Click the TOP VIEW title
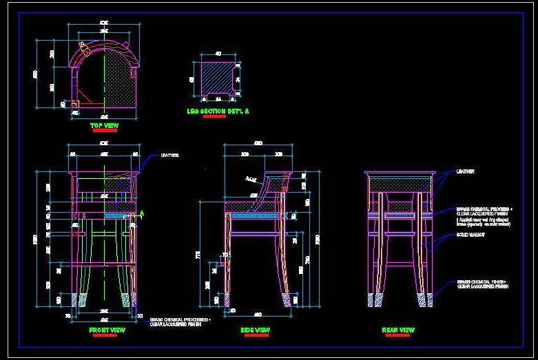point(105,126)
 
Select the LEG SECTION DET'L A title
point(218,111)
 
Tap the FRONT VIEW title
point(107,330)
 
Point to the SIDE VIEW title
point(255,330)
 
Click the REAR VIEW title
point(398,330)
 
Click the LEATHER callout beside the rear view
point(466,171)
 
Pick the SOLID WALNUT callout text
point(470,235)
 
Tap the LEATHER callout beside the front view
point(169,156)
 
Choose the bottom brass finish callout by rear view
point(482,284)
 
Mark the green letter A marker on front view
point(142,213)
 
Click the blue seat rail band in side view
point(255,215)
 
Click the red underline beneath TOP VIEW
point(105,131)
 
